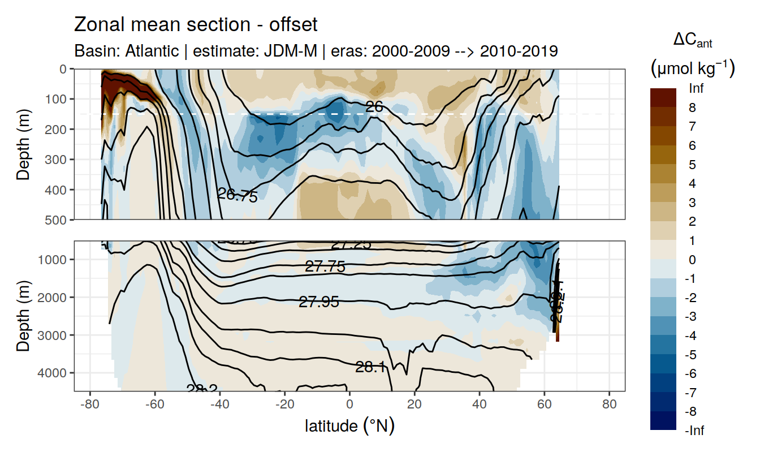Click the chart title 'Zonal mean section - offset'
click(x=196, y=25)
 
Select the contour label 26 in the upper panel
click(x=374, y=105)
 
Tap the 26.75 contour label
click(x=237, y=196)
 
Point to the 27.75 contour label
click(x=325, y=266)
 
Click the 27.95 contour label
click(x=319, y=302)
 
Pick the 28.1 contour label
click(x=371, y=367)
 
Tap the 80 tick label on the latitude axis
click(x=609, y=406)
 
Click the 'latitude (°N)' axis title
click(x=349, y=425)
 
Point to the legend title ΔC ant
click(x=692, y=41)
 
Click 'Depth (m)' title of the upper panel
click(x=24, y=144)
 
